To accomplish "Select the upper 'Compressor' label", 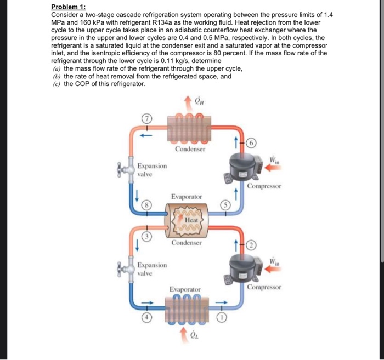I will coord(264,186).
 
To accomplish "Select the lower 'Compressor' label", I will coord(264,287).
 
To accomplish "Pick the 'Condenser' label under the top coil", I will coord(190,149).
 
